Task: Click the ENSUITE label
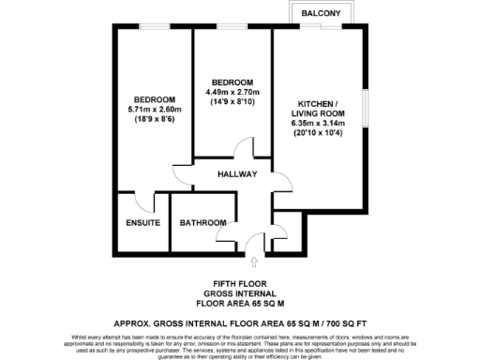142,223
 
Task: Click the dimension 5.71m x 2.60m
155,110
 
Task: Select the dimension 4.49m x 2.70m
233,91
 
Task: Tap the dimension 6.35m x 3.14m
319,122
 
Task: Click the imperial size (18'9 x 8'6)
155,120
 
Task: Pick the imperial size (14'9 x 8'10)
233,101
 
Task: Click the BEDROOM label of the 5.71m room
155,99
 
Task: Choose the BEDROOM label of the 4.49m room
233,82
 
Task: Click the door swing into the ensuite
143,201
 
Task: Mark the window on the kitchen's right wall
364,108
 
